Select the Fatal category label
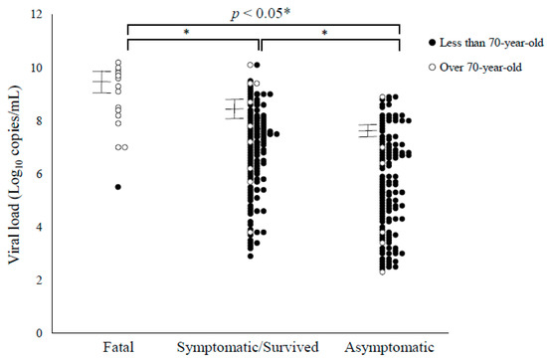(x=118, y=347)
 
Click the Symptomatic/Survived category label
(x=247, y=347)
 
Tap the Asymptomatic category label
(x=389, y=347)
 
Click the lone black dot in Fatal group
(x=118, y=187)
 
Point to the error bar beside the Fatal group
(x=102, y=82)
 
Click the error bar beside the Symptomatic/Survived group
(x=234, y=108)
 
